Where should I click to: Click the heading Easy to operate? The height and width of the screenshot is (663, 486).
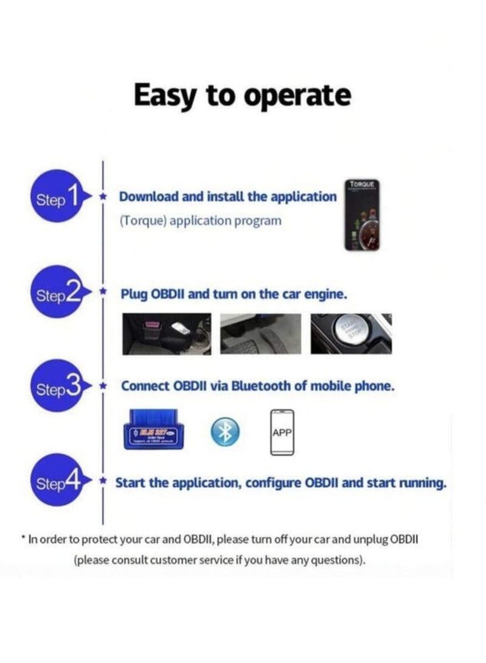pyautogui.click(x=242, y=95)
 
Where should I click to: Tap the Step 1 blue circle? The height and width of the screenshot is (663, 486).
pyautogui.click(x=56, y=198)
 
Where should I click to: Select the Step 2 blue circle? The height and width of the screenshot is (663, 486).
pyautogui.click(x=56, y=295)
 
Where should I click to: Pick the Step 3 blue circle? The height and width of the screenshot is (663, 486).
pyautogui.click(x=56, y=387)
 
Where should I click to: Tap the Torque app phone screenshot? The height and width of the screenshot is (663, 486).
pyautogui.click(x=362, y=216)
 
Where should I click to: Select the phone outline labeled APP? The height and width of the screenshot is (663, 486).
pyautogui.click(x=281, y=432)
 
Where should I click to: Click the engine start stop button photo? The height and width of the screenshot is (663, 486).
pyautogui.click(x=351, y=334)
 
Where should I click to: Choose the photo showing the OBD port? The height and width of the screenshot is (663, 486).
pyautogui.click(x=166, y=334)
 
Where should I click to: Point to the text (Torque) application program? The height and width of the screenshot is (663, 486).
pyautogui.click(x=200, y=221)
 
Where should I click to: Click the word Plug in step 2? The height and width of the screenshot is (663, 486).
pyautogui.click(x=134, y=294)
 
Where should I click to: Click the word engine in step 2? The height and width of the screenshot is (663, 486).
pyautogui.click(x=327, y=294)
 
